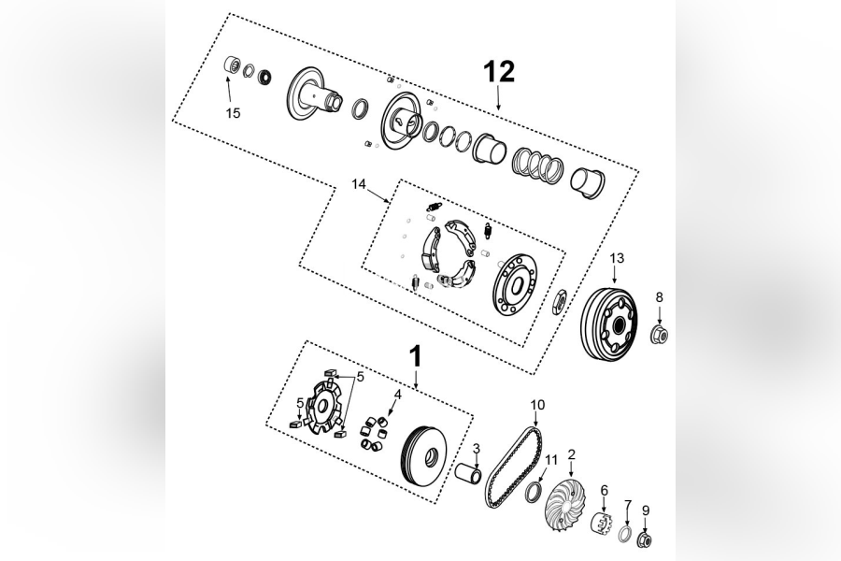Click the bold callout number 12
click(x=499, y=71)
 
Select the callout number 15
click(x=233, y=113)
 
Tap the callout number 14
click(x=359, y=184)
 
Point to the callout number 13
click(x=617, y=258)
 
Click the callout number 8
click(x=659, y=297)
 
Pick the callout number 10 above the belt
click(x=537, y=405)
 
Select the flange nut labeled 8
click(x=659, y=333)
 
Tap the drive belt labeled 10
click(x=513, y=467)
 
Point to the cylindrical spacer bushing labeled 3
click(x=468, y=474)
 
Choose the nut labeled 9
click(x=644, y=540)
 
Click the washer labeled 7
click(x=625, y=535)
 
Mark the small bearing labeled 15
click(x=230, y=68)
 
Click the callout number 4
click(x=397, y=396)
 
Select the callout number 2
click(x=572, y=454)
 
